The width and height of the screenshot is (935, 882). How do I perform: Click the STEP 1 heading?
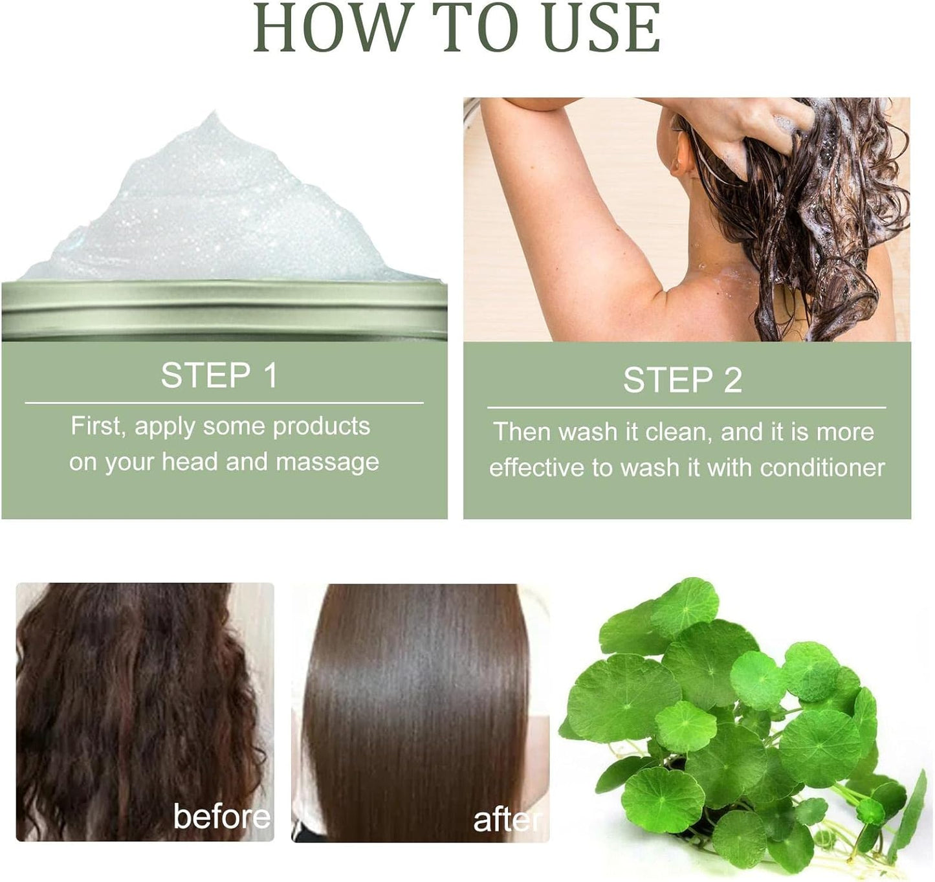coord(219,376)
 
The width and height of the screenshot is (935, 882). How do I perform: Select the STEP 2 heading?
coord(683,380)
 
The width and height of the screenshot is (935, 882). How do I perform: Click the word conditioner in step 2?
coord(822,468)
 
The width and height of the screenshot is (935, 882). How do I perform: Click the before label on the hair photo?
coord(222,817)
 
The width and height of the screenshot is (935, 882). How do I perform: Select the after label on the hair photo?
coord(508,821)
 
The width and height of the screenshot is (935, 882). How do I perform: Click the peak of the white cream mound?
coord(211,120)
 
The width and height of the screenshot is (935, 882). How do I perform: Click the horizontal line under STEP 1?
coord(224,403)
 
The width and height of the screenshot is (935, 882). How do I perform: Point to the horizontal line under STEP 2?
coord(687,408)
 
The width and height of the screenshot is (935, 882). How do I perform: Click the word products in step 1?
coord(321,426)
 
